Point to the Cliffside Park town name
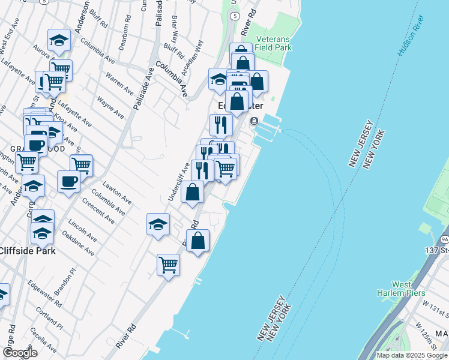point(28,251)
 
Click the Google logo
point(20,352)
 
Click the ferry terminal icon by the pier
point(254,121)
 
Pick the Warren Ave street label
point(119,84)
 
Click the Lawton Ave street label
point(117,191)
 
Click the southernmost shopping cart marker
point(169,264)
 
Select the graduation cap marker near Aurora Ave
point(59,40)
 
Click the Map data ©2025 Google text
point(412,355)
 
